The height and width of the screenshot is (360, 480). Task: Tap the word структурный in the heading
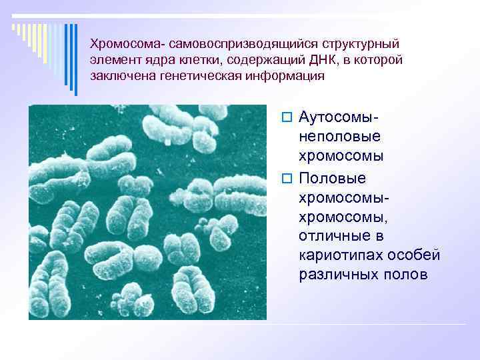(x=361, y=44)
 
